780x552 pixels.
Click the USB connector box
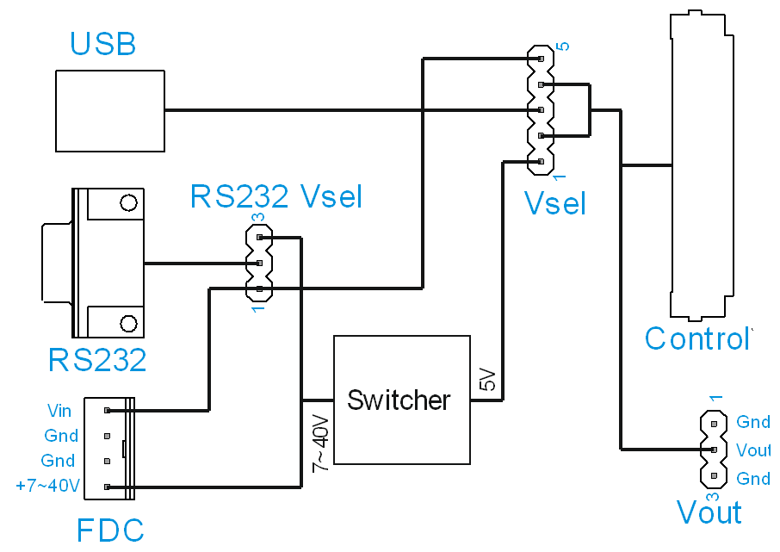pos(109,111)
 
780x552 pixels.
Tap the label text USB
pos(103,44)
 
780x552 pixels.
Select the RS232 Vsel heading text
pos(276,197)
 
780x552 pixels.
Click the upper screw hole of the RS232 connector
pos(128,203)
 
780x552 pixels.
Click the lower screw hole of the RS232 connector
pos(128,323)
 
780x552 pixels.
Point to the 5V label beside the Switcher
pos(486,379)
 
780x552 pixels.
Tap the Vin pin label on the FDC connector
pos(59,411)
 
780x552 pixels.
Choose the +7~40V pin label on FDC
pos(48,487)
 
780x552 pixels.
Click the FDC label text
pos(110,530)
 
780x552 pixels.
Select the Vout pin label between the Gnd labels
pos(753,450)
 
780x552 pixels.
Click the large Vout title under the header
pos(709,512)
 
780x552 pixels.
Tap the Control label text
pos(697,338)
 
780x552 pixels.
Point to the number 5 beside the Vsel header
pos(563,46)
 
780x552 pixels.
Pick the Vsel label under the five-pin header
pos(555,204)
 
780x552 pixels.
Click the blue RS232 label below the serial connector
pos(97,360)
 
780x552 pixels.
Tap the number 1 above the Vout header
pos(714,398)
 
